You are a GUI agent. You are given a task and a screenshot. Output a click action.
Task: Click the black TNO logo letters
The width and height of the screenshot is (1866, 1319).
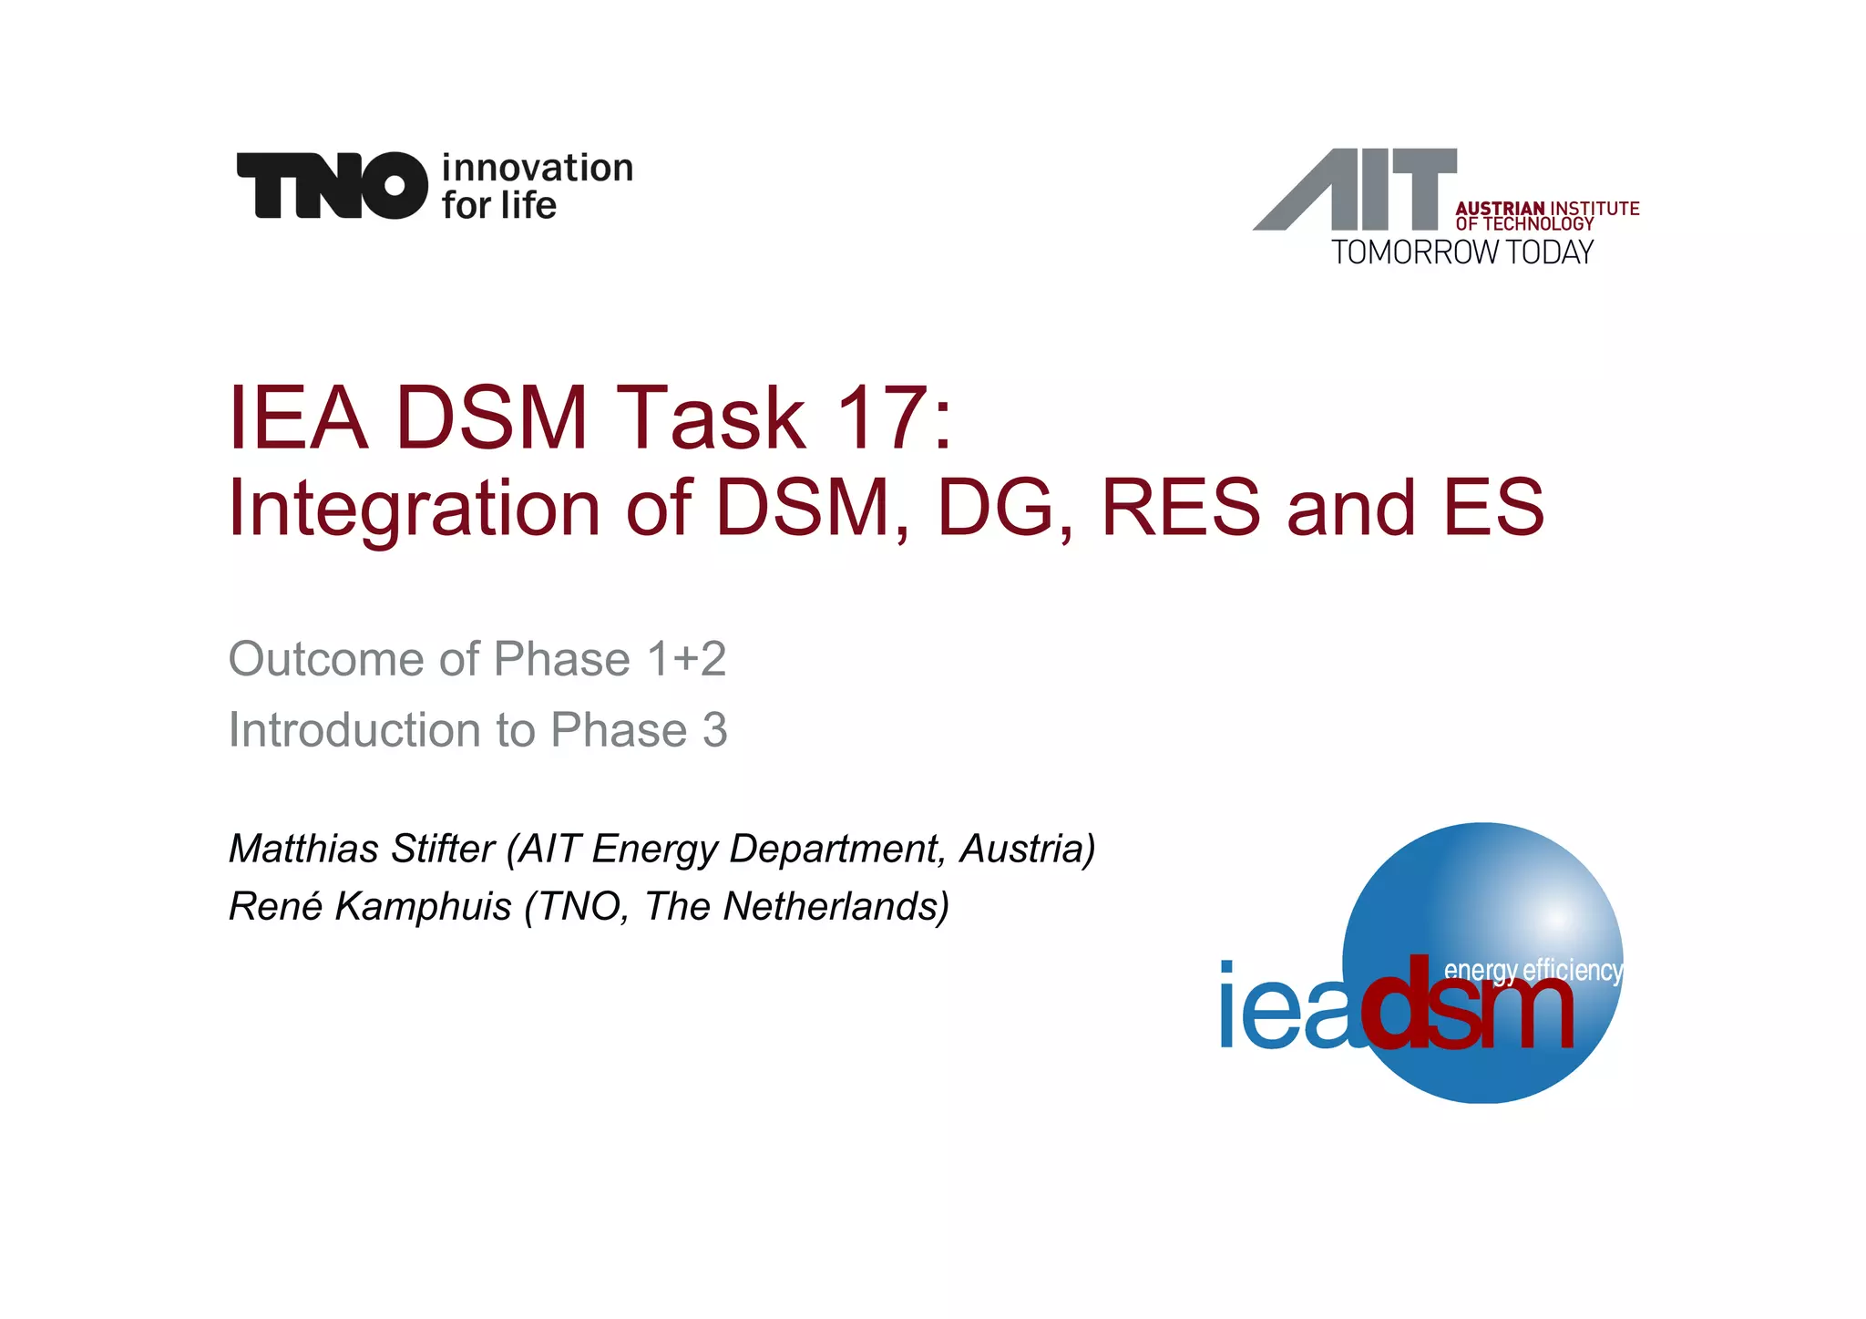pos(332,186)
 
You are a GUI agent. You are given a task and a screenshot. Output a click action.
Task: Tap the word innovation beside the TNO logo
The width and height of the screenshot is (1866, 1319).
pos(537,169)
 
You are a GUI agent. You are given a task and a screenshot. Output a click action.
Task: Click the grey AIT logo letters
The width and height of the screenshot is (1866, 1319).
pos(1356,190)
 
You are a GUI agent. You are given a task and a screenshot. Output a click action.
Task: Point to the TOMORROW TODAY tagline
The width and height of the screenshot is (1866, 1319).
pos(1462,252)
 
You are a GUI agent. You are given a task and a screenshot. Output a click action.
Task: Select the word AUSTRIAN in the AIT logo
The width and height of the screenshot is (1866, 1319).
pos(1500,209)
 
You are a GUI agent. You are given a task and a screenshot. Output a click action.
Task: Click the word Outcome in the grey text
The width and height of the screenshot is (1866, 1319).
pos(324,659)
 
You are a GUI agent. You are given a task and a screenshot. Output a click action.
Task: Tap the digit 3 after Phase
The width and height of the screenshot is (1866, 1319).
pos(714,730)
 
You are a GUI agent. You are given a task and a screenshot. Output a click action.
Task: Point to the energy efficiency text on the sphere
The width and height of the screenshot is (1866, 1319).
pos(1533,970)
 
